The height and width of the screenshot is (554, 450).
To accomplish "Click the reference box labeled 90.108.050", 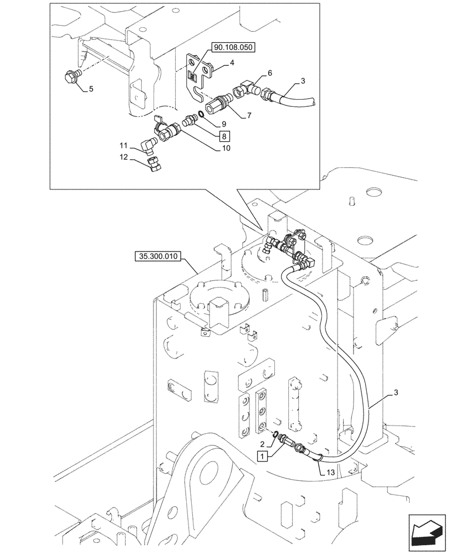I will coord(232,48).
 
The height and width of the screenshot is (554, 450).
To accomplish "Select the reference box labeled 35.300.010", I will coord(158,257).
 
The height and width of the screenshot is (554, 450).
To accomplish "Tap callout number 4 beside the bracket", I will coord(232,63).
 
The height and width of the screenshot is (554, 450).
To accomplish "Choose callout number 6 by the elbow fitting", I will coord(269,73).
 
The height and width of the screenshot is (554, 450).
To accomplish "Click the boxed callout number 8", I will coord(224,135).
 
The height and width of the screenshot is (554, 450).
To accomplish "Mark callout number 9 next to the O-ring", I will coord(223,124).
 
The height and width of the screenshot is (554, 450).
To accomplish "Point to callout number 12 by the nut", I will coord(124,157).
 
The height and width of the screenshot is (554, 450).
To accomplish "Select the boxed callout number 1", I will coord(262,456).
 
